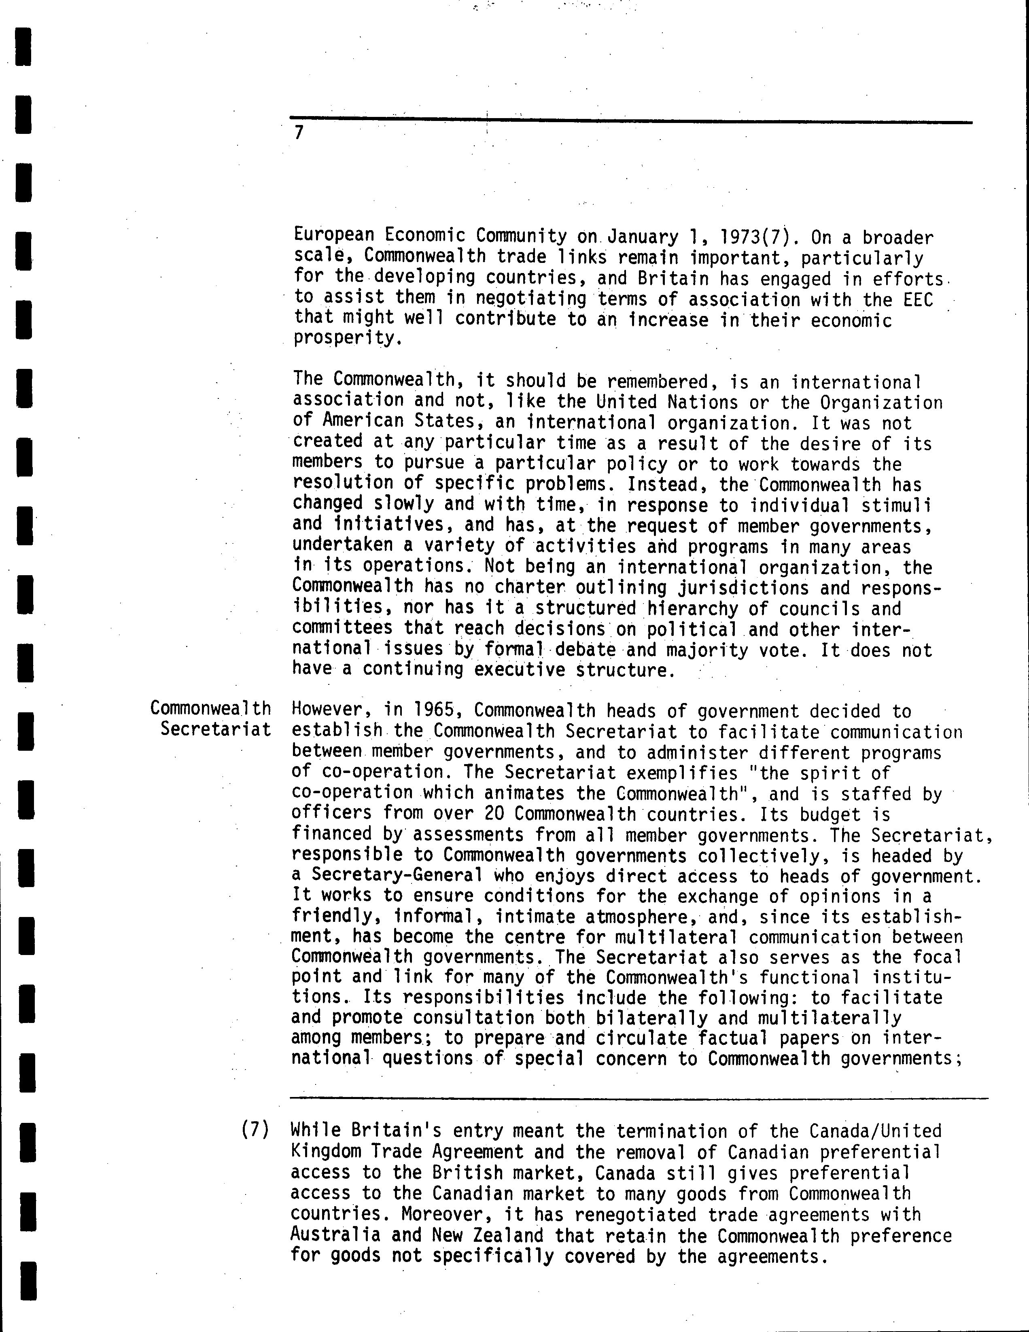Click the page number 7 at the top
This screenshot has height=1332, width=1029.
298,132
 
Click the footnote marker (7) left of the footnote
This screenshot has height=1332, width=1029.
255,1130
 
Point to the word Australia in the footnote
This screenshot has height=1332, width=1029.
335,1235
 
